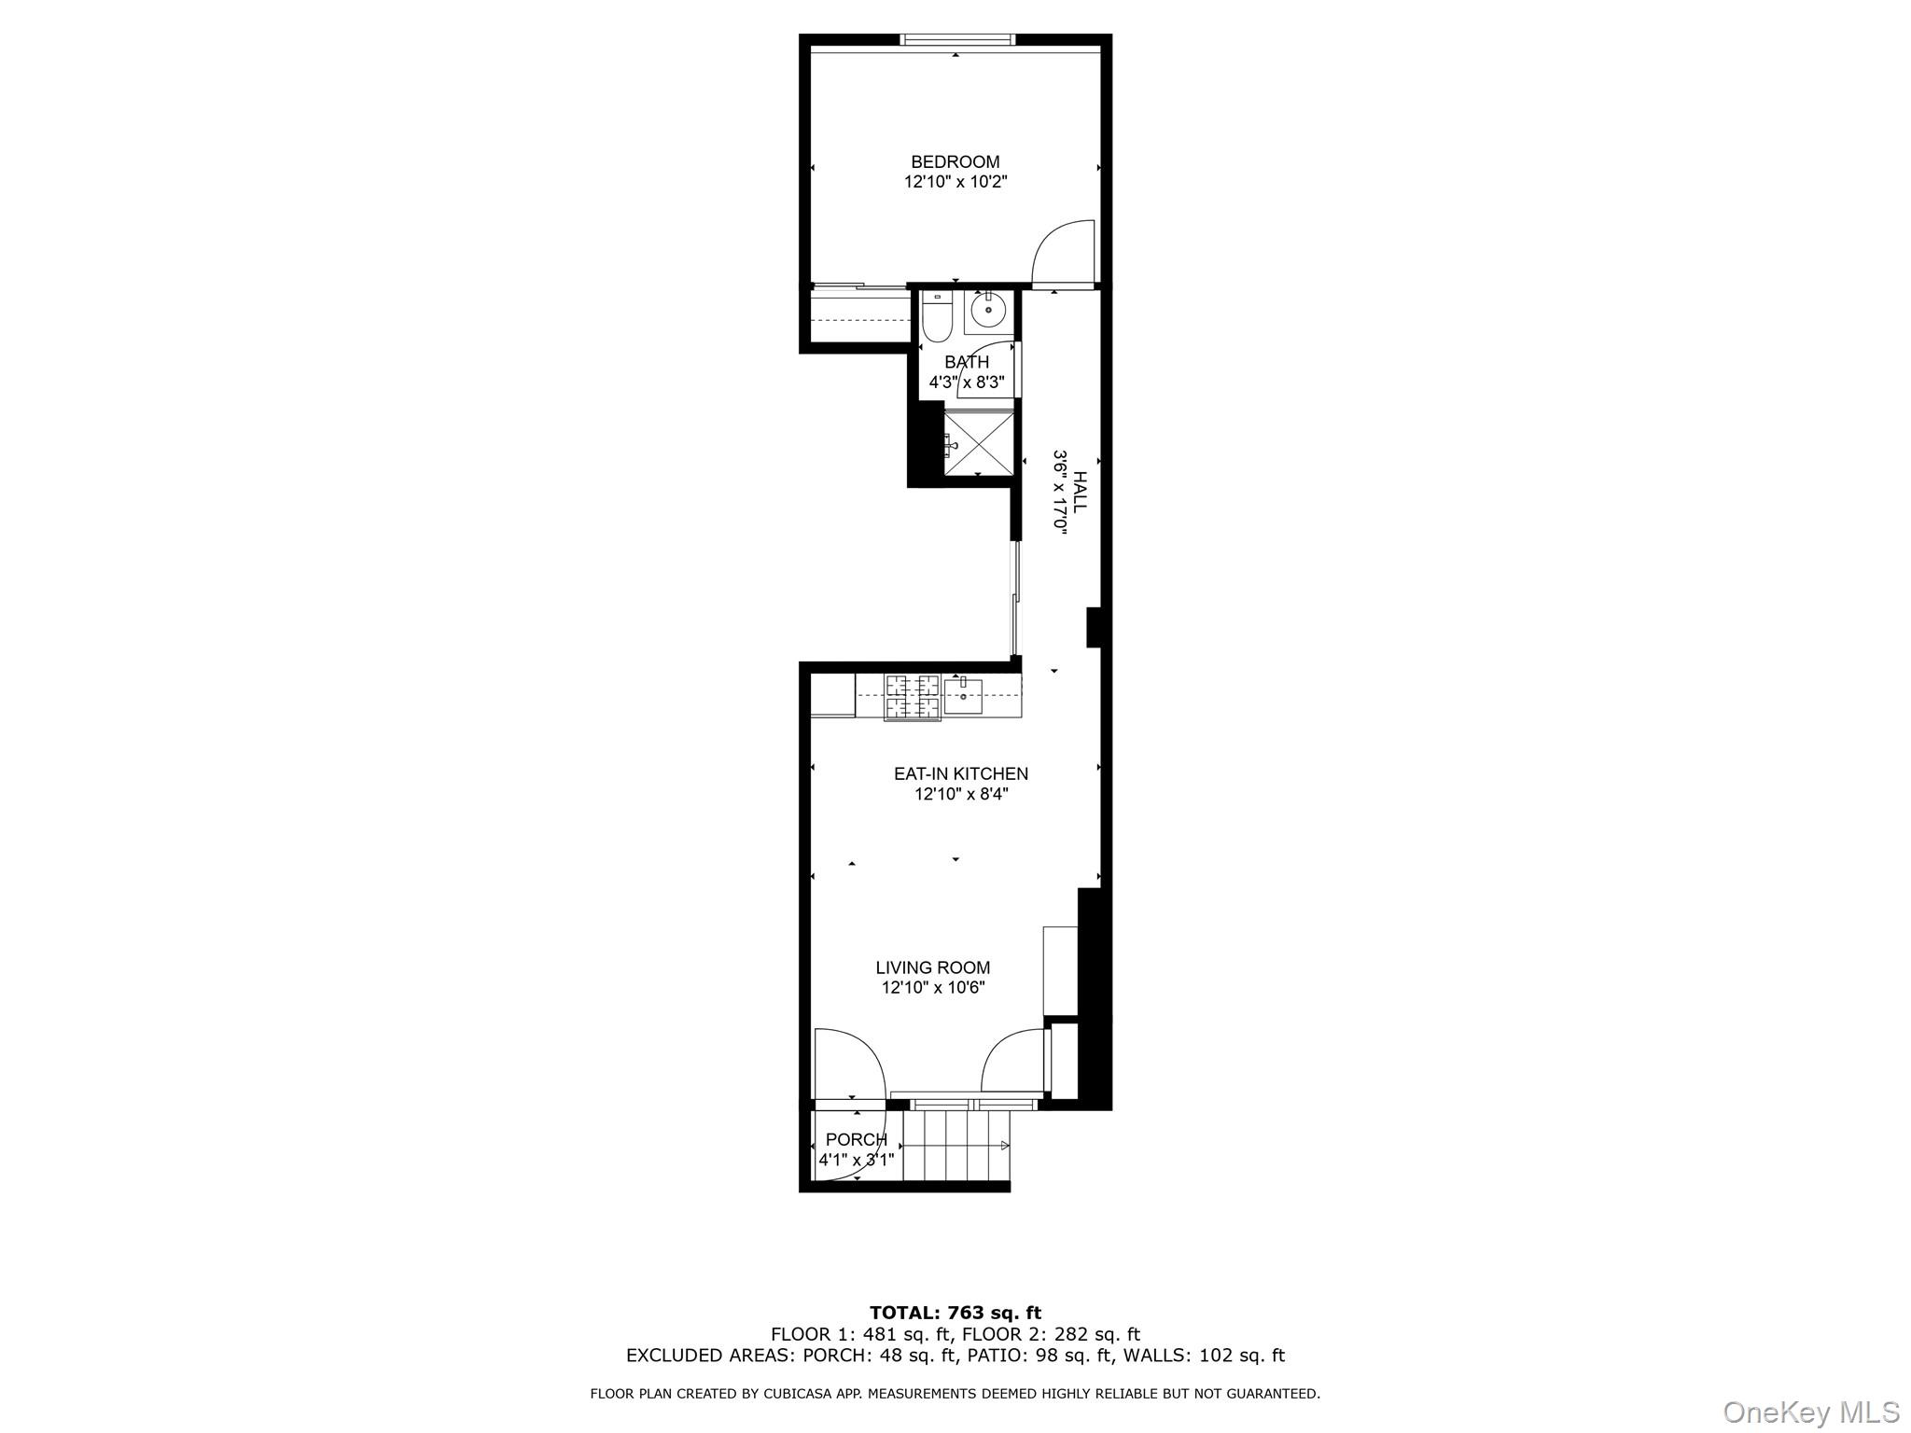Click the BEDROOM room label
coord(955,162)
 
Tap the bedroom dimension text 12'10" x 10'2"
coord(955,182)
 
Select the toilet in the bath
coord(935,317)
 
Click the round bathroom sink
coord(988,309)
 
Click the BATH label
coord(967,362)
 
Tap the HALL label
coord(1080,491)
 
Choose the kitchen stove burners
coord(913,697)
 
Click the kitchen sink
coord(963,696)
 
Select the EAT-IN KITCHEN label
coord(961,773)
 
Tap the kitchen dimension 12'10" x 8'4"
coord(961,795)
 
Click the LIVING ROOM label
coord(933,968)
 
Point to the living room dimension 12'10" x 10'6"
coord(933,988)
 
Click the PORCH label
coord(857,1140)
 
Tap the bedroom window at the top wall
coord(957,39)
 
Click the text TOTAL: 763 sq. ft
coord(955,1314)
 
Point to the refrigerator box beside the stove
coord(832,696)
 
